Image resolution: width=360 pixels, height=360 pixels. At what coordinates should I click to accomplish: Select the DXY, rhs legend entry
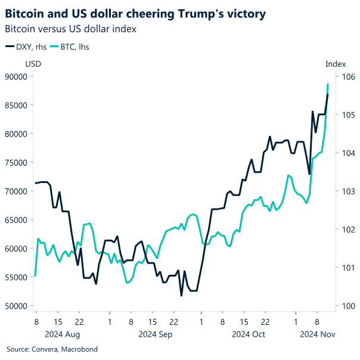click(x=25, y=46)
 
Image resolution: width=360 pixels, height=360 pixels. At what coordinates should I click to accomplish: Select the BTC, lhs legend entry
click(x=70, y=46)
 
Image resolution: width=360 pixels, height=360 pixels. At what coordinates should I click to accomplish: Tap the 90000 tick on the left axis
click(x=19, y=76)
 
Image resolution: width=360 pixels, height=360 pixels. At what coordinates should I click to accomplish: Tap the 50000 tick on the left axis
click(x=19, y=306)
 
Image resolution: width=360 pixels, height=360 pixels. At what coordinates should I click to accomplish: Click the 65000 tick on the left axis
click(x=19, y=220)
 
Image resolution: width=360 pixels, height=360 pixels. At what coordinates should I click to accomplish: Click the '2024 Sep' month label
click(x=156, y=334)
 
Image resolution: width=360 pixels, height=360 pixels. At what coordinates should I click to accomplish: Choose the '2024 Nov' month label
click(x=316, y=334)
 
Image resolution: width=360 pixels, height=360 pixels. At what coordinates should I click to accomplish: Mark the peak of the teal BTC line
click(x=328, y=84)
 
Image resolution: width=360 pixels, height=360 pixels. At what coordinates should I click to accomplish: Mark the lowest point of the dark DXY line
click(x=181, y=296)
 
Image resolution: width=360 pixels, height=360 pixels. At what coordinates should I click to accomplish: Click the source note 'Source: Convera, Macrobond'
click(x=51, y=349)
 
